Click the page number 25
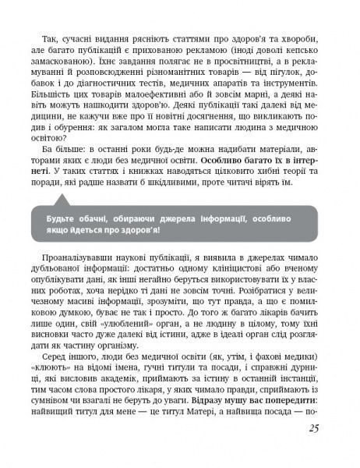(x=314, y=449)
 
